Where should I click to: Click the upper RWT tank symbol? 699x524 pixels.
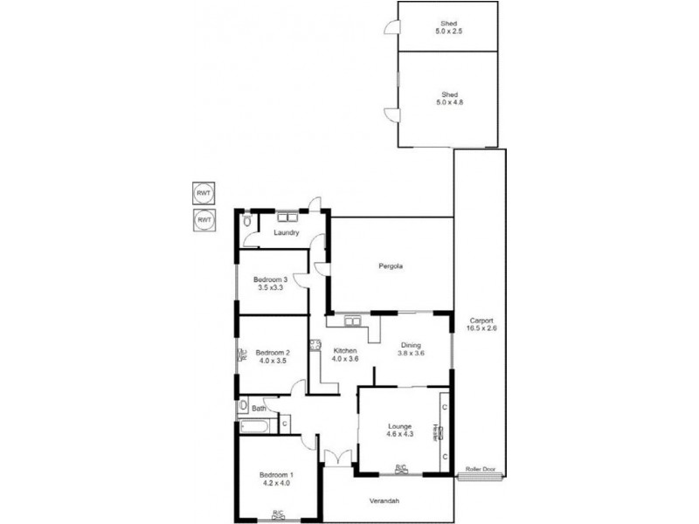pos(204,192)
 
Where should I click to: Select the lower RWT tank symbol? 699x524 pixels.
pos(204,219)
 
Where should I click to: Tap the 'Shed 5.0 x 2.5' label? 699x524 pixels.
pos(449,28)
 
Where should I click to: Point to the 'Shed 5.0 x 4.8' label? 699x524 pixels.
pos(449,98)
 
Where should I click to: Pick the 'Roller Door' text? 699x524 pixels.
pos(480,470)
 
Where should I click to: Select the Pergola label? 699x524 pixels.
pos(391,265)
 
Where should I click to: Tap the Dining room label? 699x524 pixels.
pos(411,348)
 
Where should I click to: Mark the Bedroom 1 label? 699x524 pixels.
pos(278,479)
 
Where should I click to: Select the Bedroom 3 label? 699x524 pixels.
pos(271,283)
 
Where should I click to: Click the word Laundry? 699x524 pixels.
pos(287,233)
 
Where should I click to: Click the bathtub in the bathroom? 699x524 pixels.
pos(254,427)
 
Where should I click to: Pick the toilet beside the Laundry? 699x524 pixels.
pos(247,224)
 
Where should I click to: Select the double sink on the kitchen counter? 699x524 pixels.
pos(353,321)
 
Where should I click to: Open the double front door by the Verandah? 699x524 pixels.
pos(336,458)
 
